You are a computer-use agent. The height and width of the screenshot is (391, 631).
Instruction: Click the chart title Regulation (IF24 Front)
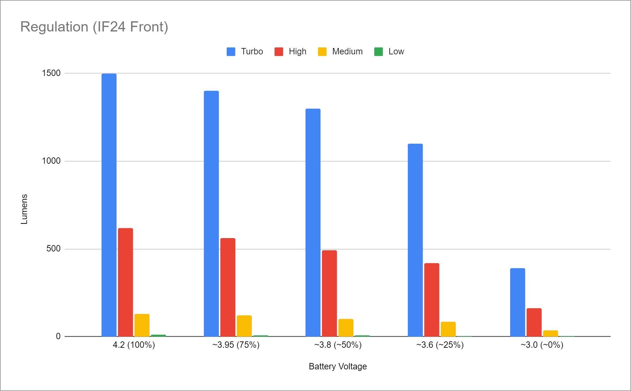94,27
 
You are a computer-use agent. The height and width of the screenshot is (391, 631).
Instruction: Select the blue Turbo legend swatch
231,51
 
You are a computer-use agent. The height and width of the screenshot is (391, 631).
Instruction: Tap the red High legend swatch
279,51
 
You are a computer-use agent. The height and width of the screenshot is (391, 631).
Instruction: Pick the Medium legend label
347,51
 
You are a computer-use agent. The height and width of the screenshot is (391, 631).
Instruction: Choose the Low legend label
396,51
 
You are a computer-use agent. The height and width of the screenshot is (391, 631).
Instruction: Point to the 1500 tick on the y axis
51,73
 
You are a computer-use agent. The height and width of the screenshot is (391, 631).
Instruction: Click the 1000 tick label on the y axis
51,161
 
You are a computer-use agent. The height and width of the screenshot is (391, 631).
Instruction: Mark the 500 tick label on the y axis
53,249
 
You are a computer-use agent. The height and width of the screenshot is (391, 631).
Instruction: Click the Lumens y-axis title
24,209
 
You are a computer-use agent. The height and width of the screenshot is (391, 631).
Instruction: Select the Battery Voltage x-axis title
338,367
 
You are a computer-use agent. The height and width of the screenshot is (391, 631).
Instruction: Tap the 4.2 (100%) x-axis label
134,345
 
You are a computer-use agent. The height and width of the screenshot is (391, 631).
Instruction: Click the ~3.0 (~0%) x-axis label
542,345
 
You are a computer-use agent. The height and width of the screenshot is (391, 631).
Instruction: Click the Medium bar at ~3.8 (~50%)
346,327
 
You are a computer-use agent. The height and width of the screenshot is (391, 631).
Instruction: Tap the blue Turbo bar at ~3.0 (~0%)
517,302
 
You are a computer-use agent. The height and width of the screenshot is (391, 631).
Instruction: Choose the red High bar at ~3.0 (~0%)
534,322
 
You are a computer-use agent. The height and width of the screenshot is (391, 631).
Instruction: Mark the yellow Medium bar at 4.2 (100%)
142,325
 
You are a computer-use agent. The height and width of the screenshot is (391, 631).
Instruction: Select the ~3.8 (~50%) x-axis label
338,345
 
